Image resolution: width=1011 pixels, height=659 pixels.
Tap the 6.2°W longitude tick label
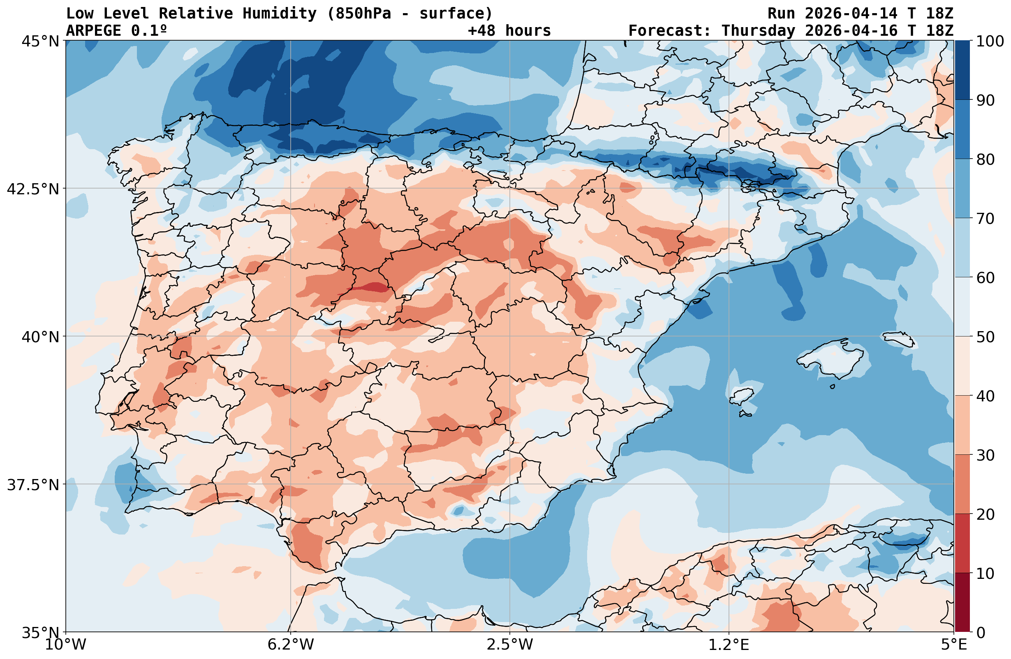pyautogui.click(x=291, y=645)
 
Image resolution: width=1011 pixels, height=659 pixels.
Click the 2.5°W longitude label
pyautogui.click(x=510, y=645)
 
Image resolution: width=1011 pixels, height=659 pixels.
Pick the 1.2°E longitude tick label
pyautogui.click(x=729, y=645)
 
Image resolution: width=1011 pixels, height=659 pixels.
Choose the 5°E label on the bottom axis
pyautogui.click(x=954, y=645)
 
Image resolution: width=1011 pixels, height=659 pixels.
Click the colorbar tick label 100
pyautogui.click(x=990, y=41)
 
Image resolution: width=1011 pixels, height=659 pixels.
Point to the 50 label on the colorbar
pyautogui.click(x=985, y=337)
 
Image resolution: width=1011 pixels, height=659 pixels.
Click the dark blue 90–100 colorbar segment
pyautogui.click(x=962, y=70)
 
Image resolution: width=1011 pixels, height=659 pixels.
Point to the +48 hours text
pyautogui.click(x=509, y=31)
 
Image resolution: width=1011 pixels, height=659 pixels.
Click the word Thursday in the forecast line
pyautogui.click(x=758, y=31)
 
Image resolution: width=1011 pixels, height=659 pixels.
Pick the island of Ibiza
pyautogui.click(x=742, y=395)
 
